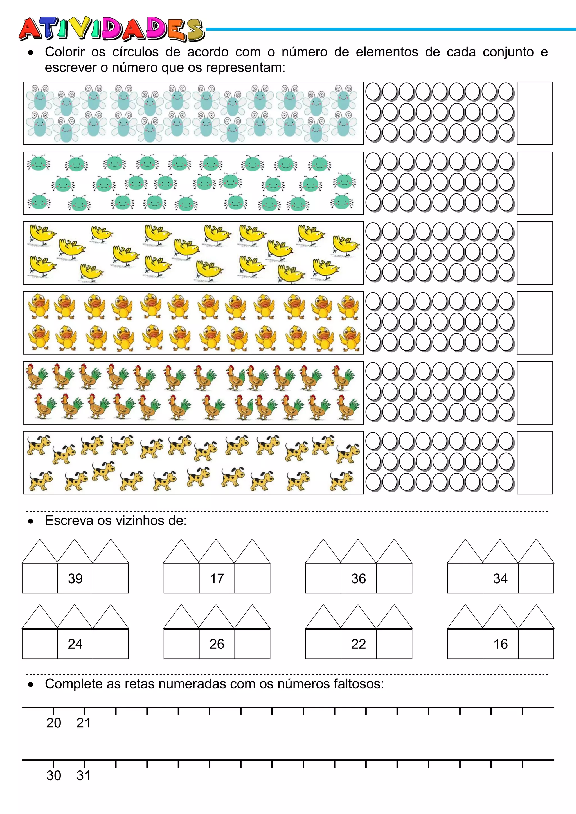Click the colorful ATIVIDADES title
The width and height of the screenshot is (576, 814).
pyautogui.click(x=112, y=29)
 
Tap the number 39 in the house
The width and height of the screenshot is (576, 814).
pyautogui.click(x=75, y=578)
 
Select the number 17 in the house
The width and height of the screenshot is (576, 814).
pyautogui.click(x=217, y=578)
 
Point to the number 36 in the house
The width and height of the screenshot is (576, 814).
pyautogui.click(x=358, y=578)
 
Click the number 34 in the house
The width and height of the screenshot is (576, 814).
pyautogui.click(x=500, y=578)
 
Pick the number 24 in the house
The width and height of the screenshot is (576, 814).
pyautogui.click(x=75, y=644)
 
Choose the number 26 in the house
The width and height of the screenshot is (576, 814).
pyautogui.click(x=217, y=644)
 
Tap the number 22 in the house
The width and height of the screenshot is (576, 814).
pyautogui.click(x=358, y=644)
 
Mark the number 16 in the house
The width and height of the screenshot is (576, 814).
pyautogui.click(x=500, y=644)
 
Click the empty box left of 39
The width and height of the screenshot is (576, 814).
pyautogui.click(x=40, y=578)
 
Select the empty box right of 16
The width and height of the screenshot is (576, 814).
pyautogui.click(x=536, y=644)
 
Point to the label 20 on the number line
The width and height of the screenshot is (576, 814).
pyautogui.click(x=53, y=723)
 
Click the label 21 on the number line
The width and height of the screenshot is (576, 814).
pyautogui.click(x=84, y=723)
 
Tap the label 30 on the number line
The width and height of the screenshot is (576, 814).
pyautogui.click(x=53, y=776)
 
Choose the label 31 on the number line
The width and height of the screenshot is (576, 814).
pyautogui.click(x=84, y=776)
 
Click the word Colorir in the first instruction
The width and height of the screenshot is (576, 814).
pyautogui.click(x=65, y=52)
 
